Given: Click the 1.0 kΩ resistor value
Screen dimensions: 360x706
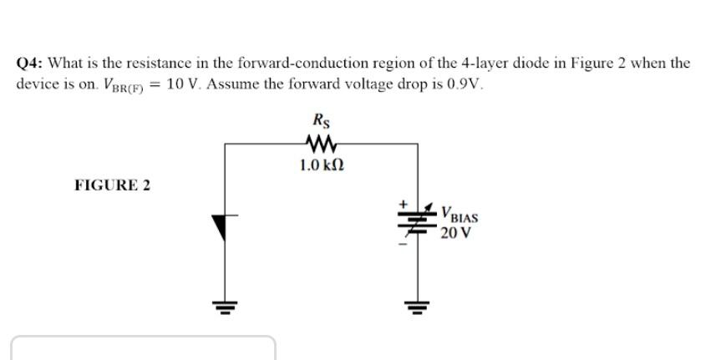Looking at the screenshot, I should pos(321,165).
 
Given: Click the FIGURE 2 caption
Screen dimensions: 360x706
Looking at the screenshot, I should pos(113,185).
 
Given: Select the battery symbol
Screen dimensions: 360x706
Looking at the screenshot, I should pos(418,222).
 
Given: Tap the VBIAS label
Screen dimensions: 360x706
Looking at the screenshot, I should pos(460,214).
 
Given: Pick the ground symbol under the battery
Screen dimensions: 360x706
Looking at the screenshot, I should pos(418,306).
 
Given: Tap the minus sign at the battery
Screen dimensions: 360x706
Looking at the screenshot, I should pos(402,244).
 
